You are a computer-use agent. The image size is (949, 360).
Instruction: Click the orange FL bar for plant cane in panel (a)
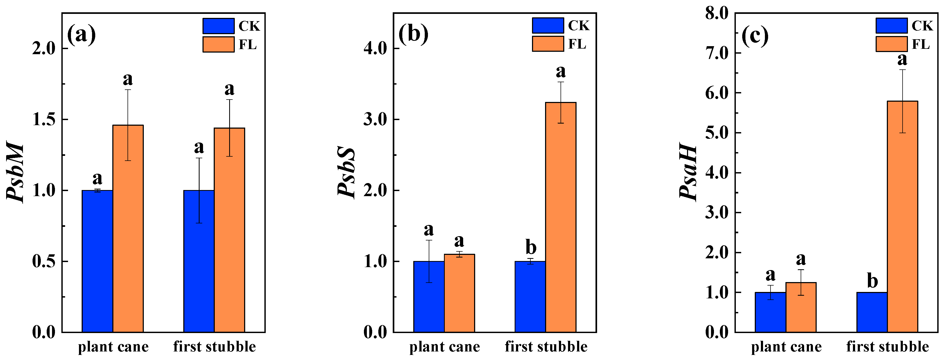pyautogui.click(x=128, y=228)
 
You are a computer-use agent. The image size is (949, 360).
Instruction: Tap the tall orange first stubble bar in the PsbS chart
pyautogui.click(x=561, y=217)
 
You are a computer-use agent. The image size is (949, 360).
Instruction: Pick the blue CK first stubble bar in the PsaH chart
pyautogui.click(x=872, y=312)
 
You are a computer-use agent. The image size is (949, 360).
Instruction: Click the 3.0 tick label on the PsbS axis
pyautogui.click(x=375, y=120)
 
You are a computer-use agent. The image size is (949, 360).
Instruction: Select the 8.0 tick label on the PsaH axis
pyautogui.click(x=717, y=14)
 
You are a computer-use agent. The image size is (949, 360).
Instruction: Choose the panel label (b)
pyautogui.click(x=413, y=34)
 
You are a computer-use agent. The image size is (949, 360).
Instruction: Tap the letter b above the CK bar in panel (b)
pyautogui.click(x=531, y=247)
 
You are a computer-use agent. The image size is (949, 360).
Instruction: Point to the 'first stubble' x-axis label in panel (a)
pyautogui.click(x=215, y=347)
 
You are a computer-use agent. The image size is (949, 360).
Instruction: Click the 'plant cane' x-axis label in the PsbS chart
pyautogui.click(x=445, y=347)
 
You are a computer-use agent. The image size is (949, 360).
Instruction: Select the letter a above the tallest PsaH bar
pyautogui.click(x=902, y=59)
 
